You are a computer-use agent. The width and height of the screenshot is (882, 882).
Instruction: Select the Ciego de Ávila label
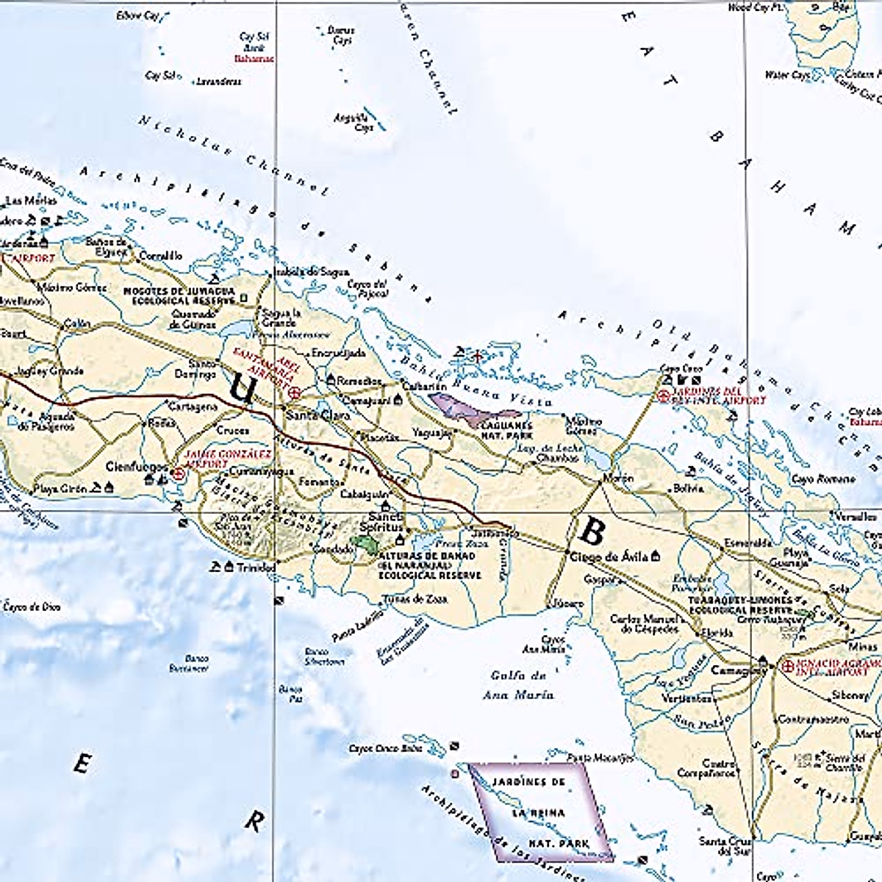[610, 556]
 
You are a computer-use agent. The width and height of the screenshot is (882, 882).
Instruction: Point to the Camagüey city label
[734, 670]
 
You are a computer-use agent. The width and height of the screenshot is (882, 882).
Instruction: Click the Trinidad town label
[256, 567]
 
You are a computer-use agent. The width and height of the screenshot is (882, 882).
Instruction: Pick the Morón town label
[617, 478]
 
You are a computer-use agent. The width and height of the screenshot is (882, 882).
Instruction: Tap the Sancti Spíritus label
[381, 523]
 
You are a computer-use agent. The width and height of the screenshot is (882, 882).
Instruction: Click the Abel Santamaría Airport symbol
[295, 392]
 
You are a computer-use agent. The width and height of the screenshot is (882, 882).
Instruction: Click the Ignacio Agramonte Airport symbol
[788, 667]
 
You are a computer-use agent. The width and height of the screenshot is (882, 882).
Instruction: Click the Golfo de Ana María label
[519, 684]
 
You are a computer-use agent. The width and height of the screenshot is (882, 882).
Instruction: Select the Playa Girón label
[60, 488]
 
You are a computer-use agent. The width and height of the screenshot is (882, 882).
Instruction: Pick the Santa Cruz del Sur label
[724, 846]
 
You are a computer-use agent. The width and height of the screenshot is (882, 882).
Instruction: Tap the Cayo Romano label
[813, 479]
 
